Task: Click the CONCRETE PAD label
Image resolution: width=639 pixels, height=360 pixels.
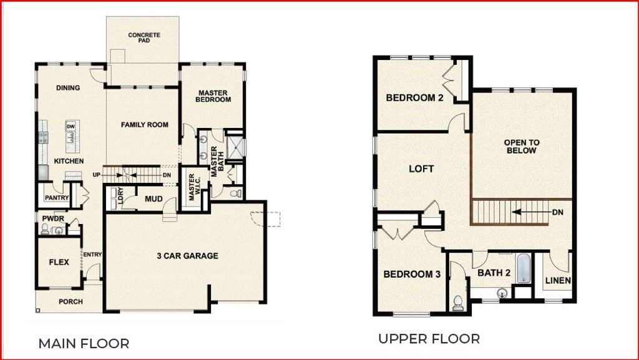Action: tap(144, 39)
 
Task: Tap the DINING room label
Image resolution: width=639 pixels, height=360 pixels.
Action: tap(68, 88)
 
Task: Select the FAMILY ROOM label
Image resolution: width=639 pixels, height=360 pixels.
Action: tap(145, 125)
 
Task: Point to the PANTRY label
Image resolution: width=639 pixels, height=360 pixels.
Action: tap(56, 198)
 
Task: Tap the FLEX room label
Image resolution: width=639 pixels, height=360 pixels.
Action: tap(59, 262)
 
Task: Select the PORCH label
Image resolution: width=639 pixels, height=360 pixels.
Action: tap(71, 302)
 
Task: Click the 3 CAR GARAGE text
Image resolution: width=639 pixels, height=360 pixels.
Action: tap(187, 256)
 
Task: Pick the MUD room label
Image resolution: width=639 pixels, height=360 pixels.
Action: tap(154, 200)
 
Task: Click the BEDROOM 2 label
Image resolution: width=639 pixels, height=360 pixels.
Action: tap(414, 98)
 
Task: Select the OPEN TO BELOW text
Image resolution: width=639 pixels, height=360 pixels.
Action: tap(522, 147)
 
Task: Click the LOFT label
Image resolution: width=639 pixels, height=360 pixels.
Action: tap(421, 168)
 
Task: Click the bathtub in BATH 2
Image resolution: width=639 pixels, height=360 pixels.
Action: tap(523, 268)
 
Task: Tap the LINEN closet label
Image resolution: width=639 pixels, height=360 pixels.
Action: tap(557, 281)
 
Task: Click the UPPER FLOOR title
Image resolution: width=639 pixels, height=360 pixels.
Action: tap(429, 339)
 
